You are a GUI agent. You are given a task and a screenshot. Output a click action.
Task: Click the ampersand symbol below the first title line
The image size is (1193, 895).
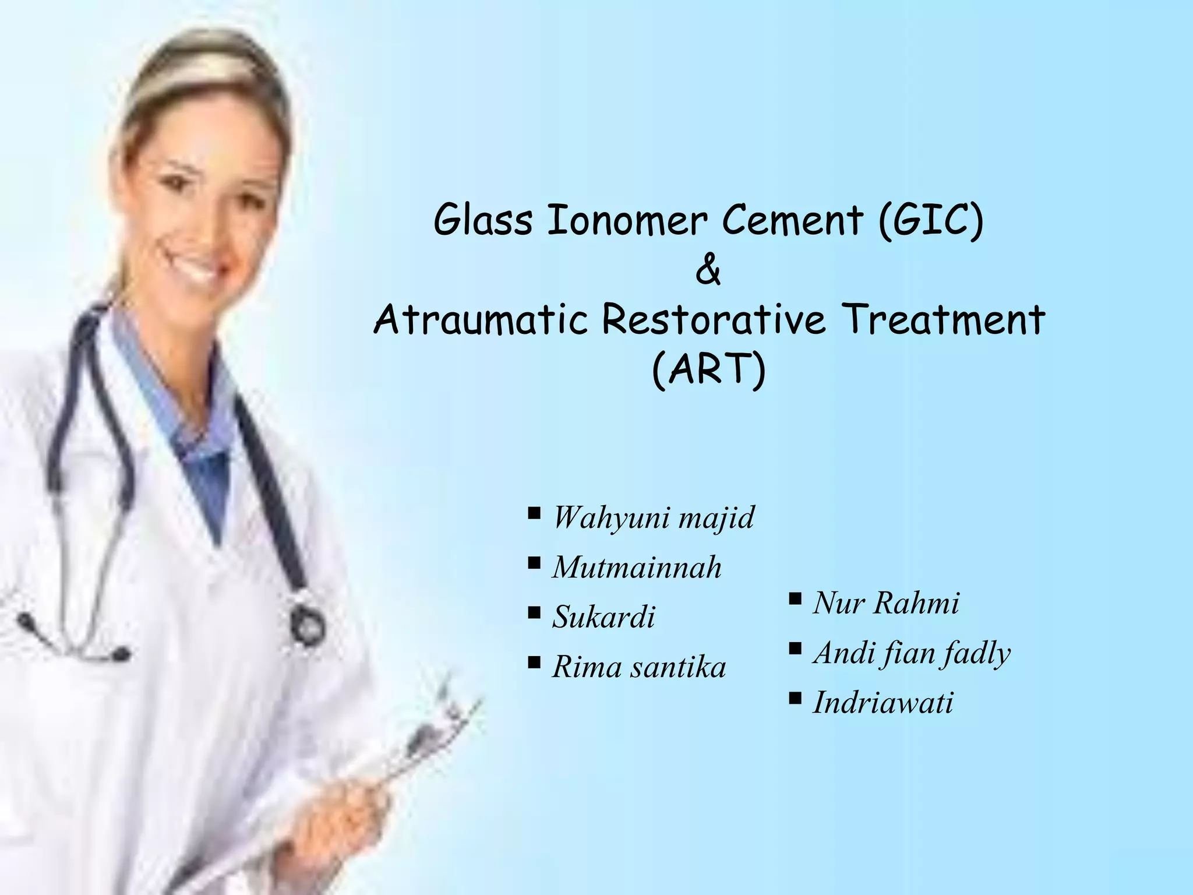708,271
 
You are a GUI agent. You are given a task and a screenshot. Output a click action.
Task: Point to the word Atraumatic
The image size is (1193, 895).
480,320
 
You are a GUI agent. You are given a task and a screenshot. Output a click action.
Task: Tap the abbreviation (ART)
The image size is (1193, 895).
708,371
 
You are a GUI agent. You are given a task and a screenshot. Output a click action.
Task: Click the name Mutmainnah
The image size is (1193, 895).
637,567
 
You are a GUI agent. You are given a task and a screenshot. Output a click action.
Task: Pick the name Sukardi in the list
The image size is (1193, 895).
603,616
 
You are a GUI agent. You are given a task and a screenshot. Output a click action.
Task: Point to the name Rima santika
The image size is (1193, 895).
639,667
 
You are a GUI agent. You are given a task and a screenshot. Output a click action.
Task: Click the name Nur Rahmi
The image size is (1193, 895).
886,602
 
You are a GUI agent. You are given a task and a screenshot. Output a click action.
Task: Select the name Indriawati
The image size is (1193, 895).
883,702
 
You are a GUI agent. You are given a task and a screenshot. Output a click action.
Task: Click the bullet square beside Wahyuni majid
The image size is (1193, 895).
534,513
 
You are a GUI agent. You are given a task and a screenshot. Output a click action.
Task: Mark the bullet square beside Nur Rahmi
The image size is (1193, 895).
795,598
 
